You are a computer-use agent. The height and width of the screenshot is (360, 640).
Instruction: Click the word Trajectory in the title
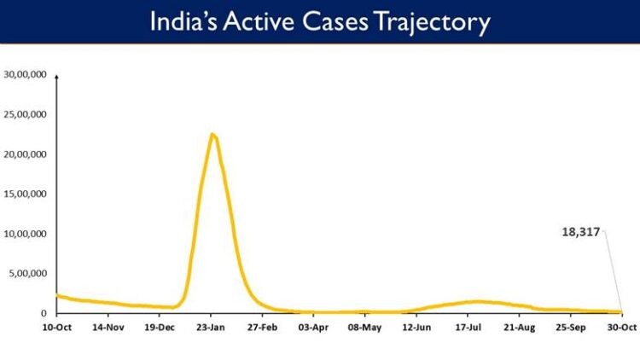click(435, 22)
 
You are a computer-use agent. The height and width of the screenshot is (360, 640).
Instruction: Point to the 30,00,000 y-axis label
click(26, 74)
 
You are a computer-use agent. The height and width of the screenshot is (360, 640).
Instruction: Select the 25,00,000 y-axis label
click(26, 114)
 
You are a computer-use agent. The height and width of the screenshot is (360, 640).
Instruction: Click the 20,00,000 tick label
click(26, 154)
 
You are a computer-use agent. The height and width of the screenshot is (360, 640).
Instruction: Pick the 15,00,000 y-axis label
click(26, 194)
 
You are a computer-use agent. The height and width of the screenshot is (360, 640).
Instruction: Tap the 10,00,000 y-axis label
click(26, 234)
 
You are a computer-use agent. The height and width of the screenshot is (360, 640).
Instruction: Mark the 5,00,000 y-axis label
click(29, 274)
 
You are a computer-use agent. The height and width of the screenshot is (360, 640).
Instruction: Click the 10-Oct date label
click(56, 327)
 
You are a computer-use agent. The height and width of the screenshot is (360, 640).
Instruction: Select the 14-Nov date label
click(108, 327)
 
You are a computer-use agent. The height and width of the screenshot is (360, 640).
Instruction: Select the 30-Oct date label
click(620, 327)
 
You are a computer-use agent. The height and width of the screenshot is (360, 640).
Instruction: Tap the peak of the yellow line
click(212, 134)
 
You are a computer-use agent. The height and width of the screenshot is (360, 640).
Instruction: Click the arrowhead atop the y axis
click(56, 76)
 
